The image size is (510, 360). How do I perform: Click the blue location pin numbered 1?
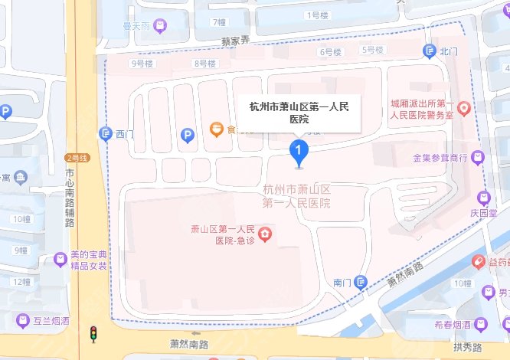pyautogui.click(x=299, y=151)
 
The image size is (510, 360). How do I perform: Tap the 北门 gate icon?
pyautogui.click(x=429, y=51)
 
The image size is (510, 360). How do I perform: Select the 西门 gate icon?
pyautogui.click(x=106, y=135)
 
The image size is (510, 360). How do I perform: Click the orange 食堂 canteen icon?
pyautogui.click(x=217, y=129)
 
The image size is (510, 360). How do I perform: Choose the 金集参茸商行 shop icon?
pyautogui.click(x=479, y=158)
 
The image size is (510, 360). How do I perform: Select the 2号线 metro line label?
pyautogui.click(x=78, y=158)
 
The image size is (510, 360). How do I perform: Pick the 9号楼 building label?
pyautogui.click(x=143, y=64)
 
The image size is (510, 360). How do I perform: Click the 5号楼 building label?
pyautogui.click(x=371, y=51)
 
